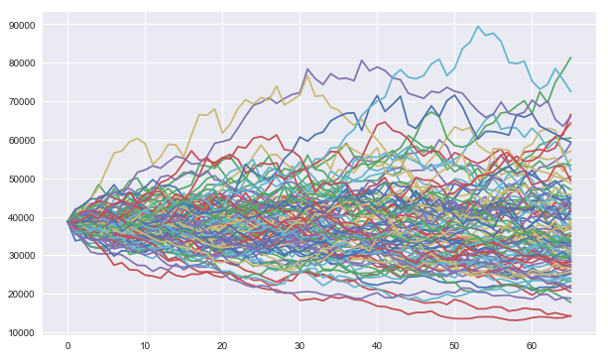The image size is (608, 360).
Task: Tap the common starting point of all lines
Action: (67, 221)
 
